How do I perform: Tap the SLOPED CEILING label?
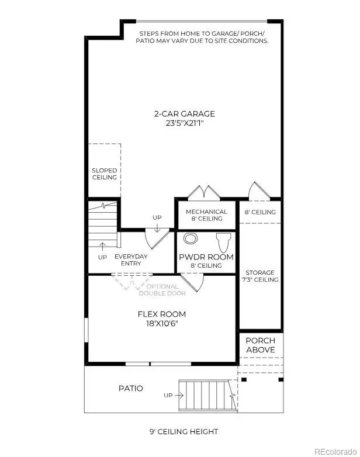(104, 174)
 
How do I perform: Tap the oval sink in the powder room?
(191, 238)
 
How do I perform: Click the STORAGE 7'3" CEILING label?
(261, 275)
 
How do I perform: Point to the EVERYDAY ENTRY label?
(131, 260)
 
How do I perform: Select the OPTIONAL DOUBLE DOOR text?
(162, 290)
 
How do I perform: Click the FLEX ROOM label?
(161, 314)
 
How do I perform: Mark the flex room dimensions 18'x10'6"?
(161, 324)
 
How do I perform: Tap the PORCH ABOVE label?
(260, 345)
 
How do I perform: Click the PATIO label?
(130, 388)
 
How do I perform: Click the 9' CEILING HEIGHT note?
(183, 432)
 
